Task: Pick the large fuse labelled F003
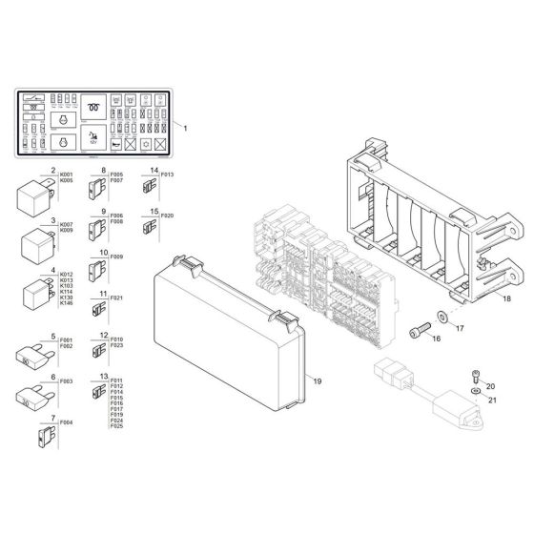32,395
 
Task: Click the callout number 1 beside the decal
186,127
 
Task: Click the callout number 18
506,298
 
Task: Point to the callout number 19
318,381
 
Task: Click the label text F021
116,298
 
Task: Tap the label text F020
167,216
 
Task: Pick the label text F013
167,175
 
